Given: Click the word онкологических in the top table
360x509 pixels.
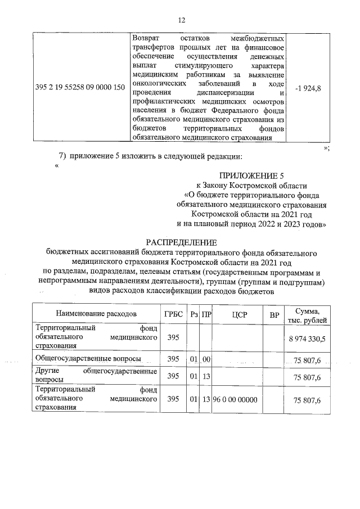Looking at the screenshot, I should pos(156,83).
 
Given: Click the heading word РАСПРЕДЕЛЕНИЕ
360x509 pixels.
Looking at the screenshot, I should pos(181,242).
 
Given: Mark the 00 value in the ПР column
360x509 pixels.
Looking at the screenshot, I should pos(206,358).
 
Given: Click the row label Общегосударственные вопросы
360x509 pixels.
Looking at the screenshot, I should pos(88,358).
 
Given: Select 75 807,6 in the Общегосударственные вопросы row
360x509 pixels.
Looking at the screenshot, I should pos(308,359).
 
